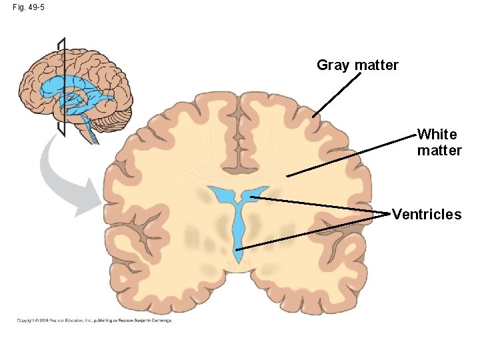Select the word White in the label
tap(437, 135)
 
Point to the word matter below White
tap(439, 151)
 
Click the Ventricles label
tap(427, 215)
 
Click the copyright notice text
tap(94, 321)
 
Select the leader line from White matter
tap(353, 155)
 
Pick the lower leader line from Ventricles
tap(313, 231)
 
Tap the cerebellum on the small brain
tap(110, 120)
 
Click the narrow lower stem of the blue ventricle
tap(239, 233)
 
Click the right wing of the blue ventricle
tap(257, 193)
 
